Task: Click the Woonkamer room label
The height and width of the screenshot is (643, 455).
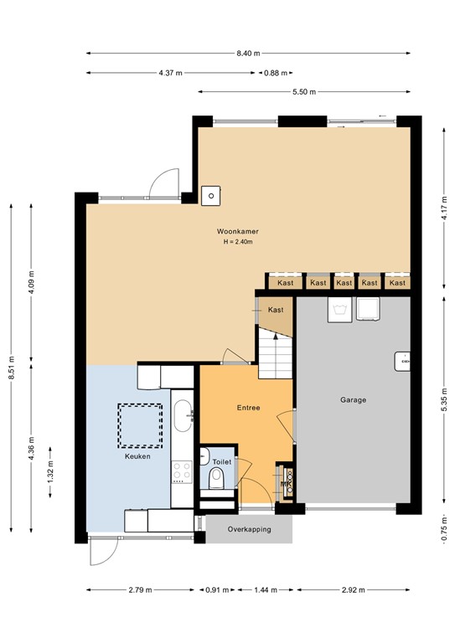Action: point(235,230)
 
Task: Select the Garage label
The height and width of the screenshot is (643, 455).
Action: point(353,400)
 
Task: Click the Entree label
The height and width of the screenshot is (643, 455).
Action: point(248,408)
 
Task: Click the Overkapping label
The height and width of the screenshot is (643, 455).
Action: point(250,529)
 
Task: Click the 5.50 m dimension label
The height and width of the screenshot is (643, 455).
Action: point(303,91)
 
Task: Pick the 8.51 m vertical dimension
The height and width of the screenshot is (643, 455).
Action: point(11,365)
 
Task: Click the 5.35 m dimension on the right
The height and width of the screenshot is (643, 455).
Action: point(442,399)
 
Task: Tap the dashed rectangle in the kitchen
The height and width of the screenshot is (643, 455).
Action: point(140,424)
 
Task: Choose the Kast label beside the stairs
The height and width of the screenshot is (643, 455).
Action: point(276,310)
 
